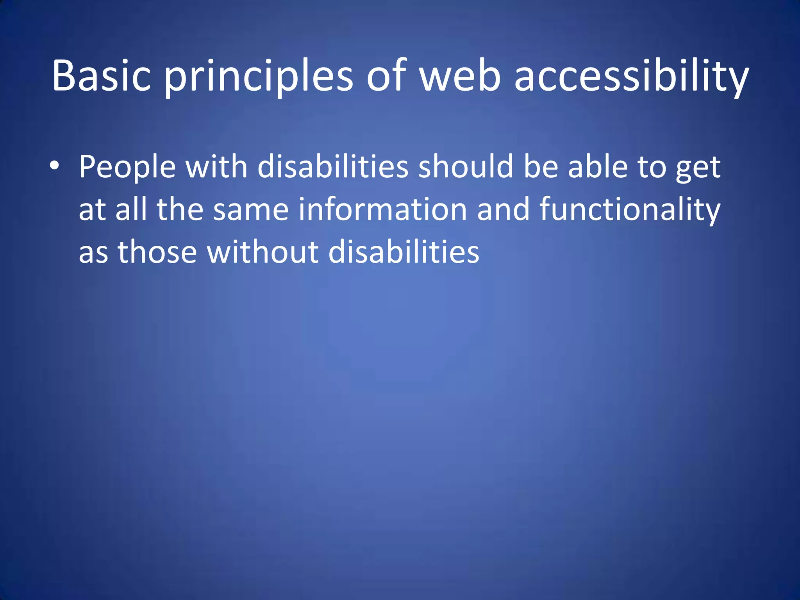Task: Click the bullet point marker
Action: (55, 166)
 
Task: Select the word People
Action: (127, 167)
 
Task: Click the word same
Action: (250, 210)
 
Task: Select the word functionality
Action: (630, 210)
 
